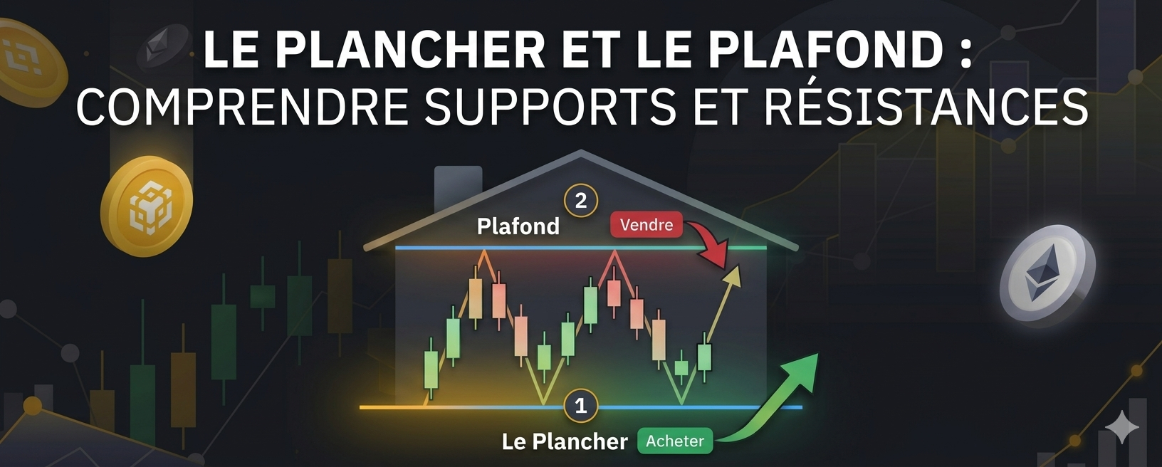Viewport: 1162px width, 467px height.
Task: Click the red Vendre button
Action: pyautogui.click(x=646, y=225)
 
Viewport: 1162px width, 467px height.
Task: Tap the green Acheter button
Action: pyautogui.click(x=674, y=441)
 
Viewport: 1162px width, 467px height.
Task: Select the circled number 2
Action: pyautogui.click(x=580, y=201)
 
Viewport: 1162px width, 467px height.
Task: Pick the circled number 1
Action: pyautogui.click(x=580, y=406)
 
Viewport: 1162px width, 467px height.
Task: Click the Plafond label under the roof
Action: pyautogui.click(x=518, y=226)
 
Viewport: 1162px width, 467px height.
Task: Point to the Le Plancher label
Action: pyautogui.click(x=565, y=441)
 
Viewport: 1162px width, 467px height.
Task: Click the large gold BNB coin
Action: pyautogui.click(x=147, y=206)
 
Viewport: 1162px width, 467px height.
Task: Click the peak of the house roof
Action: pyautogui.click(x=581, y=152)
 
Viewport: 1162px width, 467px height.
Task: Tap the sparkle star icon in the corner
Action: pyautogui.click(x=1122, y=427)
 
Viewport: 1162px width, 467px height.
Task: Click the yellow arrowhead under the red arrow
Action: pyautogui.click(x=733, y=275)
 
